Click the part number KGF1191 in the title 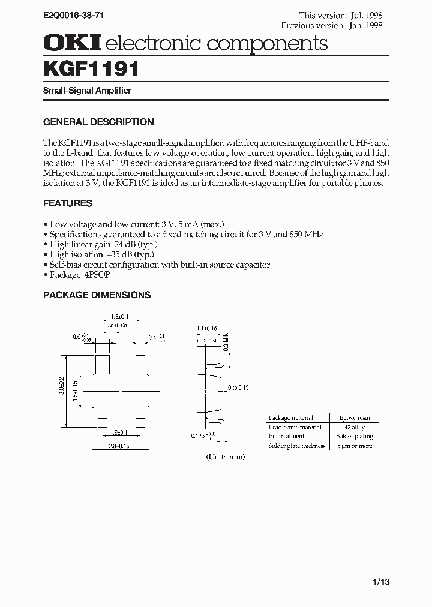92,70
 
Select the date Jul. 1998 367,15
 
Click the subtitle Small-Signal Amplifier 87,91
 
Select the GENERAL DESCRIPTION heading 98,122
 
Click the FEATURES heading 68,203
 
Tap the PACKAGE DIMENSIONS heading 97,295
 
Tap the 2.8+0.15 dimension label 119,447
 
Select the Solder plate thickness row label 297,446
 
